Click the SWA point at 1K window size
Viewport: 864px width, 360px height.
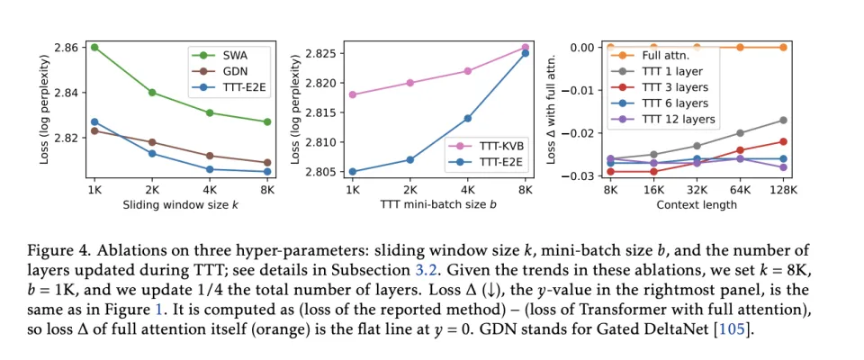[x=94, y=47]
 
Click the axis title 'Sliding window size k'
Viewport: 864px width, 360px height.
[x=181, y=205]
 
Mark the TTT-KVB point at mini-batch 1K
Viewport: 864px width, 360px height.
[x=352, y=94]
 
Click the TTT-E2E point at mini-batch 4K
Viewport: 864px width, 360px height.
[x=467, y=118]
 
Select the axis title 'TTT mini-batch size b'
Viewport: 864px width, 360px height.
[x=438, y=205]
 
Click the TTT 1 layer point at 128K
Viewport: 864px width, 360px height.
[x=783, y=120]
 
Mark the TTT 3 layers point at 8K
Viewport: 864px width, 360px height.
[x=611, y=171]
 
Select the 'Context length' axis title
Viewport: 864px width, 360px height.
[x=697, y=205]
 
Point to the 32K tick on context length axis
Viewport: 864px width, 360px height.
[x=697, y=190]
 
